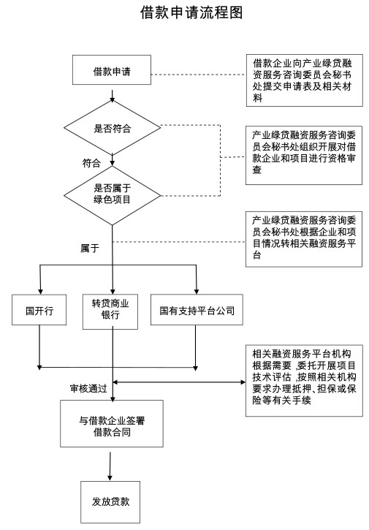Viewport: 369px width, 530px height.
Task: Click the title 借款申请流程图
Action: point(191,13)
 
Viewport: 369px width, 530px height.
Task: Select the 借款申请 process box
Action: point(112,70)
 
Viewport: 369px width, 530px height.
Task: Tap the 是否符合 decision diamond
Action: point(113,128)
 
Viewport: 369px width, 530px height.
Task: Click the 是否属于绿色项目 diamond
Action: point(113,195)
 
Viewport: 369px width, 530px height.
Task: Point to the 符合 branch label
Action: point(91,163)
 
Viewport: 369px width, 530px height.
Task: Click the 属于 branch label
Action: point(90,249)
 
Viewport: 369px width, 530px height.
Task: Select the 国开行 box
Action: point(39,310)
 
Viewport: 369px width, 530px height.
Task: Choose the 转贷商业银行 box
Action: point(110,311)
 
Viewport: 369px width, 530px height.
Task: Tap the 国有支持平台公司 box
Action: point(197,310)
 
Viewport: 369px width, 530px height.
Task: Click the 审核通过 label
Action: point(88,388)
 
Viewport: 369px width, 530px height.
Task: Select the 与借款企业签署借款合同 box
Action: point(112,423)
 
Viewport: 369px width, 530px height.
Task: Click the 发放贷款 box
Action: point(110,502)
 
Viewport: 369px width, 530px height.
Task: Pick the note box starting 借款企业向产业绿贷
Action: point(305,80)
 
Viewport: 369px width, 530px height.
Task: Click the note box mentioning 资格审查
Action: point(304,156)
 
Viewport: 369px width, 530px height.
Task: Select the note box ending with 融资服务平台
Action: point(304,239)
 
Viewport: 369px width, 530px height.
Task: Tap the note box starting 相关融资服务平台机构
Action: point(304,381)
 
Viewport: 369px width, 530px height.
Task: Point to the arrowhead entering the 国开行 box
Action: point(40,292)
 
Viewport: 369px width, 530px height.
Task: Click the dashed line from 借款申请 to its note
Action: point(199,75)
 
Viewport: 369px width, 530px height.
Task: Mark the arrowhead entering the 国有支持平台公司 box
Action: point(197,292)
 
